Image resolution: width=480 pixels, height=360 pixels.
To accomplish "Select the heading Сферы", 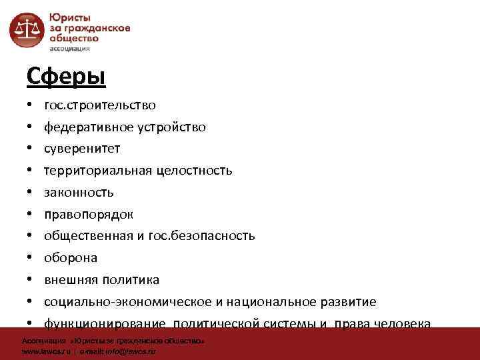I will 66,77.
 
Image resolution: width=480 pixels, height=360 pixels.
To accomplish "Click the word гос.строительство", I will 100,105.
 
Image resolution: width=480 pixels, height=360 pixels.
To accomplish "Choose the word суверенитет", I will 82,148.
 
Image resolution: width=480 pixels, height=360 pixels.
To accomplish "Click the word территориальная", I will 99,170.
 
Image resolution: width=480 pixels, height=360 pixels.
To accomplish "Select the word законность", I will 79,192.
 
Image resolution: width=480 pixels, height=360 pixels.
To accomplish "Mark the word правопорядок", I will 89,214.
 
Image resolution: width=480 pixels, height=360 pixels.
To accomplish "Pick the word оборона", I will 71,257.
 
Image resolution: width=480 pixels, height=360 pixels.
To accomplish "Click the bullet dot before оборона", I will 31,258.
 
